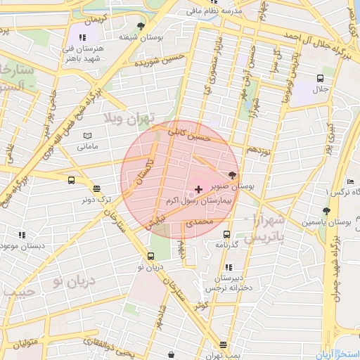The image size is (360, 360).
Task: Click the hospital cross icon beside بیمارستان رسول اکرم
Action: click(x=199, y=189)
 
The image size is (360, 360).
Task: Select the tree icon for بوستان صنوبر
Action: click(x=233, y=176)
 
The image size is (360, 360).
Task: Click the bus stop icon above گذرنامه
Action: click(x=226, y=234)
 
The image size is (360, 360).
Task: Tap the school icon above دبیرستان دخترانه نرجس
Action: click(x=228, y=267)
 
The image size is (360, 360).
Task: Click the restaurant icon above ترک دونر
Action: click(x=96, y=188)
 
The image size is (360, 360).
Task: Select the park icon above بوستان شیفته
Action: click(x=141, y=26)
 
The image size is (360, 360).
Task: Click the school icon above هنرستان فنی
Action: click(x=82, y=37)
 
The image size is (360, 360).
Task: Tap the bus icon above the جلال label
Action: click(x=320, y=79)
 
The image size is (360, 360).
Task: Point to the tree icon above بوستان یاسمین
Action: click(x=326, y=210)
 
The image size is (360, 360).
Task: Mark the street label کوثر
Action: click(x=202, y=306)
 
